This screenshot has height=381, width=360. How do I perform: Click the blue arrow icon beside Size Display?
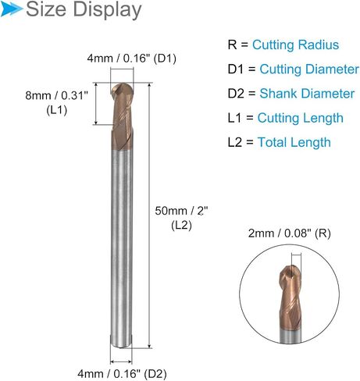tap(12, 9)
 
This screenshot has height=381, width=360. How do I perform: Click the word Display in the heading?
tap(107, 10)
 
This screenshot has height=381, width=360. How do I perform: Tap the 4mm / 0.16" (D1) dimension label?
tap(131, 59)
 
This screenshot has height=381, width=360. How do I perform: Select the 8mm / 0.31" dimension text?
tap(57, 95)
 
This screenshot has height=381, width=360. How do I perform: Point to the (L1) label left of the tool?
tap(57, 110)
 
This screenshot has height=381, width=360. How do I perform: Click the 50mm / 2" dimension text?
tap(181, 211)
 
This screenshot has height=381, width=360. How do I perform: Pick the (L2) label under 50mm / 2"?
tap(181, 226)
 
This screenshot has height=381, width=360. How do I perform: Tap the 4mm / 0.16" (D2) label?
tap(122, 374)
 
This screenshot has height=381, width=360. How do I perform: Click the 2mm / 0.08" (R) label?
tap(289, 233)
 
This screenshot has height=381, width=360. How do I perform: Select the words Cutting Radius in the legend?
tap(295, 45)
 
